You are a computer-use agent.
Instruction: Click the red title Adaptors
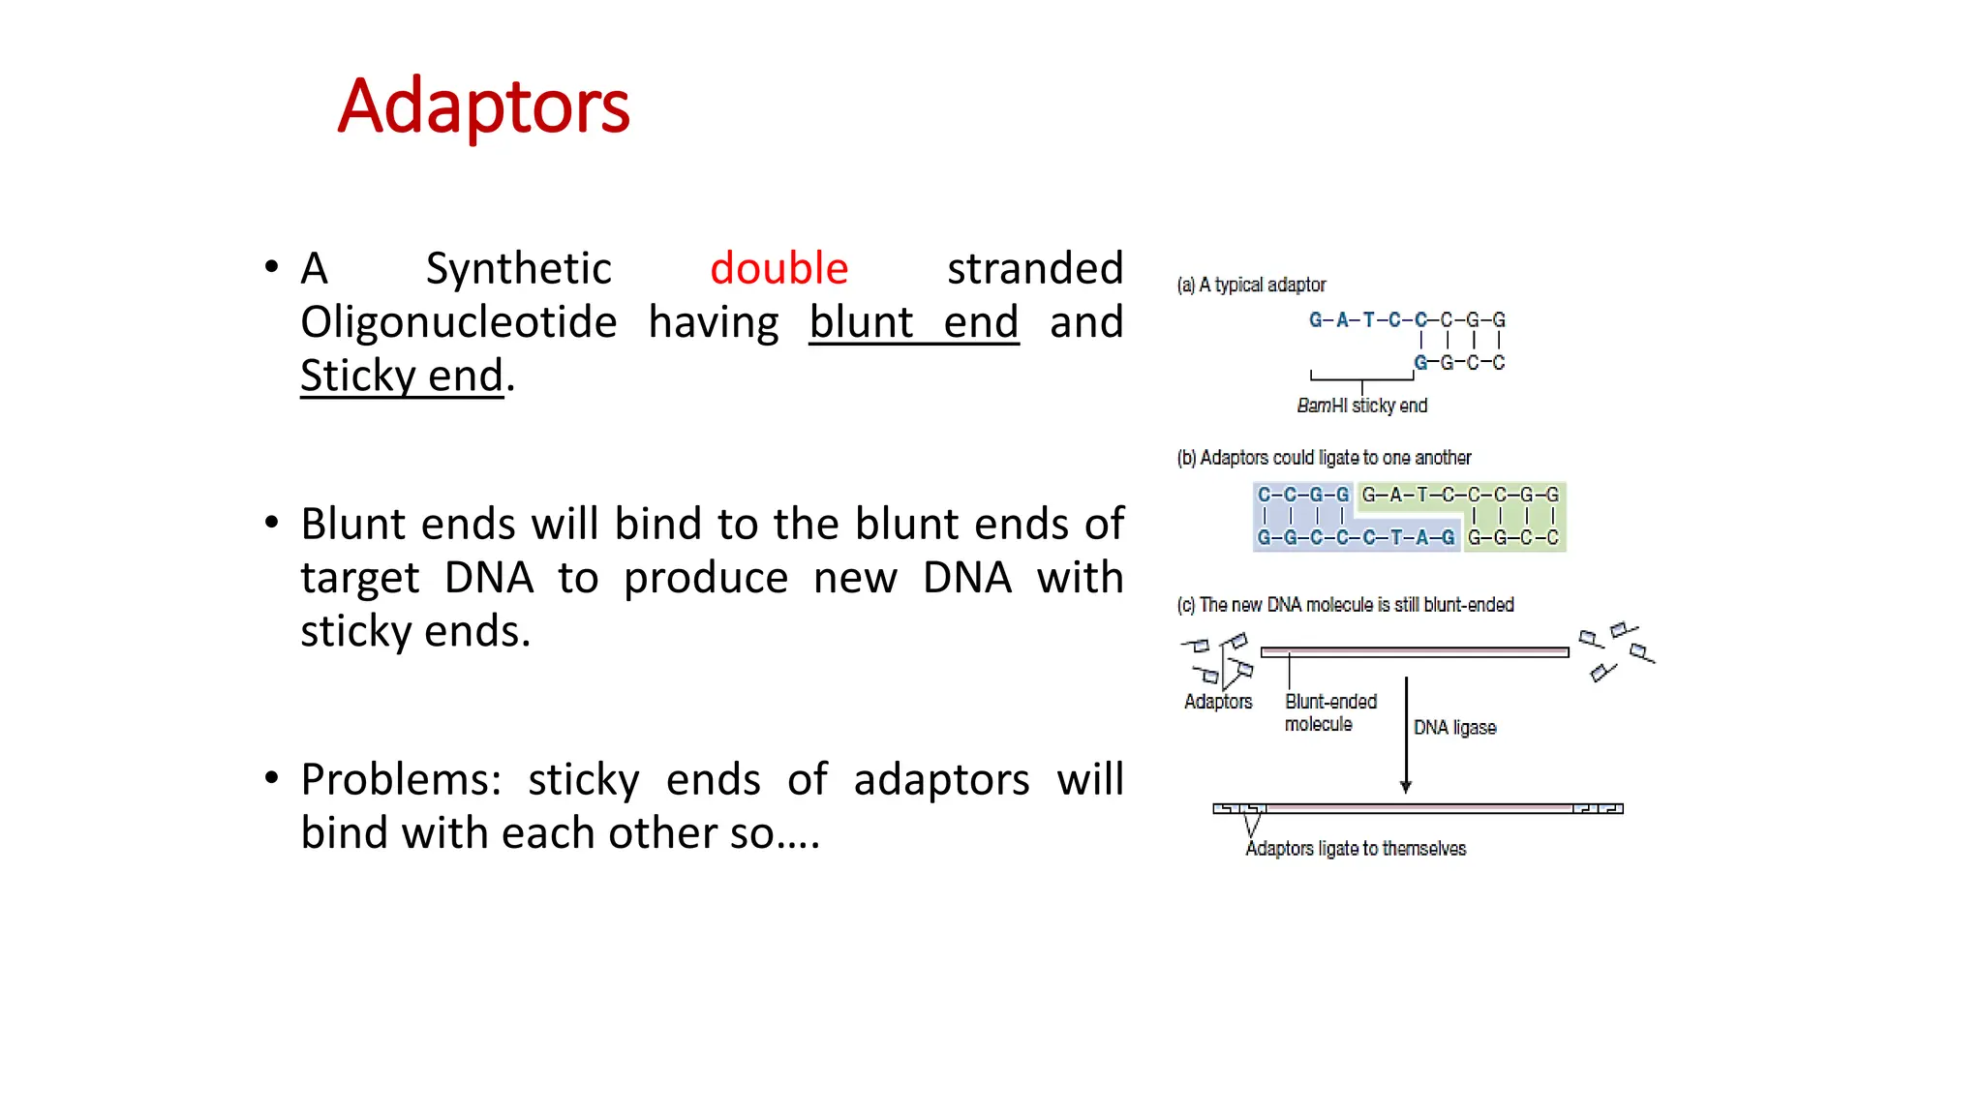pyautogui.click(x=483, y=106)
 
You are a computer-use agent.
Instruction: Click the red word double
pyautogui.click(x=778, y=269)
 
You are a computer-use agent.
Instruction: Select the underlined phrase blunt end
pyautogui.click(x=913, y=322)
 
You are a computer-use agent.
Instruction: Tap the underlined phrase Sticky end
pyautogui.click(x=402, y=377)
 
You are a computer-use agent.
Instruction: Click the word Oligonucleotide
pyautogui.click(x=458, y=322)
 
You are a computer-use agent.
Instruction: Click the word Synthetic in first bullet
pyautogui.click(x=518, y=269)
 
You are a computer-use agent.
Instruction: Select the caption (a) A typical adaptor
pyautogui.click(x=1251, y=285)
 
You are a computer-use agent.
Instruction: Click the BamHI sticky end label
pyautogui.click(x=1361, y=406)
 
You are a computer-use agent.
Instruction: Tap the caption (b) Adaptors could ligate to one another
pyautogui.click(x=1324, y=458)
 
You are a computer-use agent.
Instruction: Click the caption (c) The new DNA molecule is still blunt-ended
pyautogui.click(x=1345, y=605)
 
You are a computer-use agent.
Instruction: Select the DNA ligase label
pyautogui.click(x=1454, y=728)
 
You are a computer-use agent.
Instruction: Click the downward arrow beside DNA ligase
pyautogui.click(x=1406, y=736)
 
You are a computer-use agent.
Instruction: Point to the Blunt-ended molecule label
pyautogui.click(x=1329, y=712)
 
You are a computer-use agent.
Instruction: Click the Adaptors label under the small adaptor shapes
pyautogui.click(x=1217, y=702)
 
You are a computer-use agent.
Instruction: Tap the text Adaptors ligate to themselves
pyautogui.click(x=1355, y=849)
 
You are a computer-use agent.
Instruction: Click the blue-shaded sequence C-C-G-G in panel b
pyautogui.click(x=1302, y=495)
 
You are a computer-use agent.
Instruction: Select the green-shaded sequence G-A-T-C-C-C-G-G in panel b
pyautogui.click(x=1459, y=495)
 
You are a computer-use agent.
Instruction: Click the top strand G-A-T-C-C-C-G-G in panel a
pyautogui.click(x=1406, y=319)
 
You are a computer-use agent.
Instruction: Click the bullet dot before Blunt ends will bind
pyautogui.click(x=272, y=524)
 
